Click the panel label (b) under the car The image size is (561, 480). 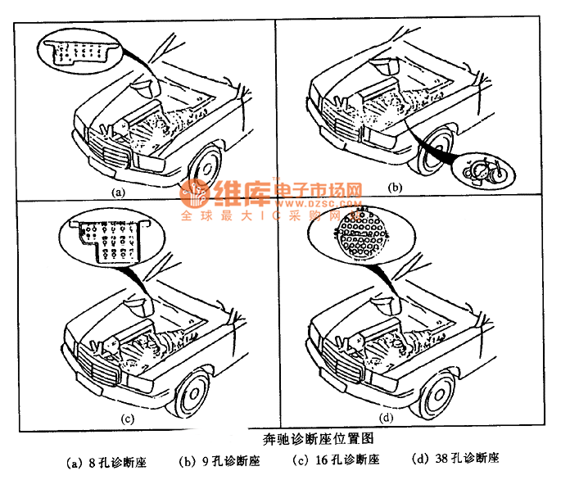point(395,188)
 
